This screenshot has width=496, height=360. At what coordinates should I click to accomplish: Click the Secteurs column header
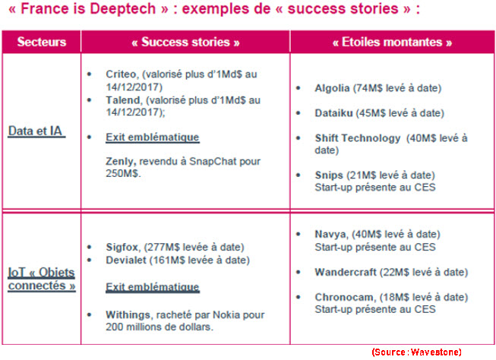point(42,42)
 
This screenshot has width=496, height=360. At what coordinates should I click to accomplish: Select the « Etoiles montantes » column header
point(392,42)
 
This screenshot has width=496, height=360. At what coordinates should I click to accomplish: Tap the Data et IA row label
point(36,131)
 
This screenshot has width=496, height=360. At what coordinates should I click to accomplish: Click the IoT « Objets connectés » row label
point(42,279)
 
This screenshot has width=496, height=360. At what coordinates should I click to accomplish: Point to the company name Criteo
point(122,74)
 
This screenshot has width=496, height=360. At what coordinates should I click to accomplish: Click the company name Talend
point(123,100)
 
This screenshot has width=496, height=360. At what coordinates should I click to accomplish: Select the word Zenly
point(121,162)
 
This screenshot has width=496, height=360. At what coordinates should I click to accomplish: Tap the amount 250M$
point(122,174)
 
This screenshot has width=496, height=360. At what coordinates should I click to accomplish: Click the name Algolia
point(332,88)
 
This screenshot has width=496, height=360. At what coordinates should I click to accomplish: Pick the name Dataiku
point(333,113)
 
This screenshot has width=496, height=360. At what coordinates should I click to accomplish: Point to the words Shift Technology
point(358,138)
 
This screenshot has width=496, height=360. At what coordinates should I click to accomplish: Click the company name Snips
point(329,175)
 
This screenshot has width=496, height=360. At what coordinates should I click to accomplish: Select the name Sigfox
point(122,247)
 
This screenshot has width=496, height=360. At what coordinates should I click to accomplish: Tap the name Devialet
point(126,260)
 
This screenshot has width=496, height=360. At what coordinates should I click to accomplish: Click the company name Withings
point(128,315)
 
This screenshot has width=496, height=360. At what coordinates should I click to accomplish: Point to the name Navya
point(330,235)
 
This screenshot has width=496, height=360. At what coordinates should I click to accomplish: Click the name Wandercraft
point(346,272)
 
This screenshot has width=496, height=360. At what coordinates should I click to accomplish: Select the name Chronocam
point(344,298)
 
